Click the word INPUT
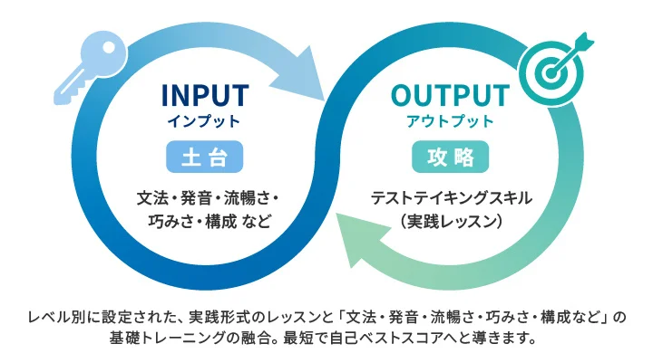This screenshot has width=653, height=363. pos(205,95)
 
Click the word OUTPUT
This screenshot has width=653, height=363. pos(450,95)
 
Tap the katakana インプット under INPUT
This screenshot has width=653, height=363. pos(204,121)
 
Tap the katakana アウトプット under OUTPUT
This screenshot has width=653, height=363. pos(450,121)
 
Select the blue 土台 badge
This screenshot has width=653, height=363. pos(204,157)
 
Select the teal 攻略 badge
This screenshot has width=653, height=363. pos(450,157)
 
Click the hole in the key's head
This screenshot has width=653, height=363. pos(109,47)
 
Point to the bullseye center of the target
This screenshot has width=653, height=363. pos(551,73)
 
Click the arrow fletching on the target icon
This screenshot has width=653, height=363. pos(584,41)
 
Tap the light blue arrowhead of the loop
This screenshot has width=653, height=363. pos(300,75)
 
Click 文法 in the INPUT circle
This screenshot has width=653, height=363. pos(152,198)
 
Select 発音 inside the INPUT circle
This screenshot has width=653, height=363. pos(196,198)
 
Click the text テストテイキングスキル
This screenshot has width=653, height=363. pos(451,198)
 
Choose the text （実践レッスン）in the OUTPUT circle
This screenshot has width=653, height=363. pos(451,221)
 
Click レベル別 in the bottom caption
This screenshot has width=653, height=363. pos(57,317)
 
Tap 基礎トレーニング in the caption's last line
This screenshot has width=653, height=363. pos(167,338)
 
